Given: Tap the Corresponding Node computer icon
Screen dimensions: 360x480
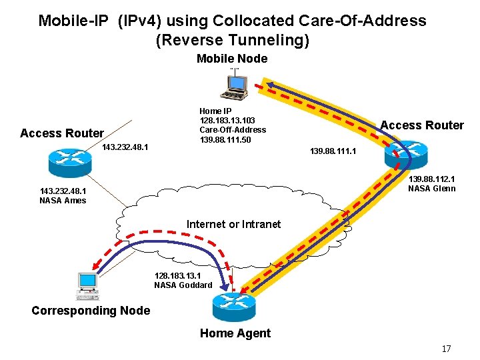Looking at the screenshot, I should (x=87, y=285).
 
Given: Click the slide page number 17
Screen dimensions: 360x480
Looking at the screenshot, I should (x=446, y=349).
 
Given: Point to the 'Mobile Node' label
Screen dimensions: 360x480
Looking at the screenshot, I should (x=232, y=59).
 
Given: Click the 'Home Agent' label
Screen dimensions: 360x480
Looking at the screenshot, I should (x=235, y=333).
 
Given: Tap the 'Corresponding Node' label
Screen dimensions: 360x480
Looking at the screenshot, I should (x=91, y=311).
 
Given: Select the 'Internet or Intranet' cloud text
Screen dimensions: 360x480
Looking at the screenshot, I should (x=233, y=224).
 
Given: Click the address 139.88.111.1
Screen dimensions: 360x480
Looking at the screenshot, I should (x=333, y=152).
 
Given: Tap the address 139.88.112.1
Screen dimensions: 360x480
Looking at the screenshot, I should (x=431, y=179).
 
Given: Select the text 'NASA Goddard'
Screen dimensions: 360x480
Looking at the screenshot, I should (x=183, y=285).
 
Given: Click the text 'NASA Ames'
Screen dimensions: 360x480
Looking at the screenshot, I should (x=63, y=200).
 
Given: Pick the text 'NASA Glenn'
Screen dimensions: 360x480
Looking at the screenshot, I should (x=431, y=189).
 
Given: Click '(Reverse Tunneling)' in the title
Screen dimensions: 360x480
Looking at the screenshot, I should (x=232, y=40).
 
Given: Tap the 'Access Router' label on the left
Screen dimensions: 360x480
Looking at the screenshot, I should (x=62, y=133).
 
